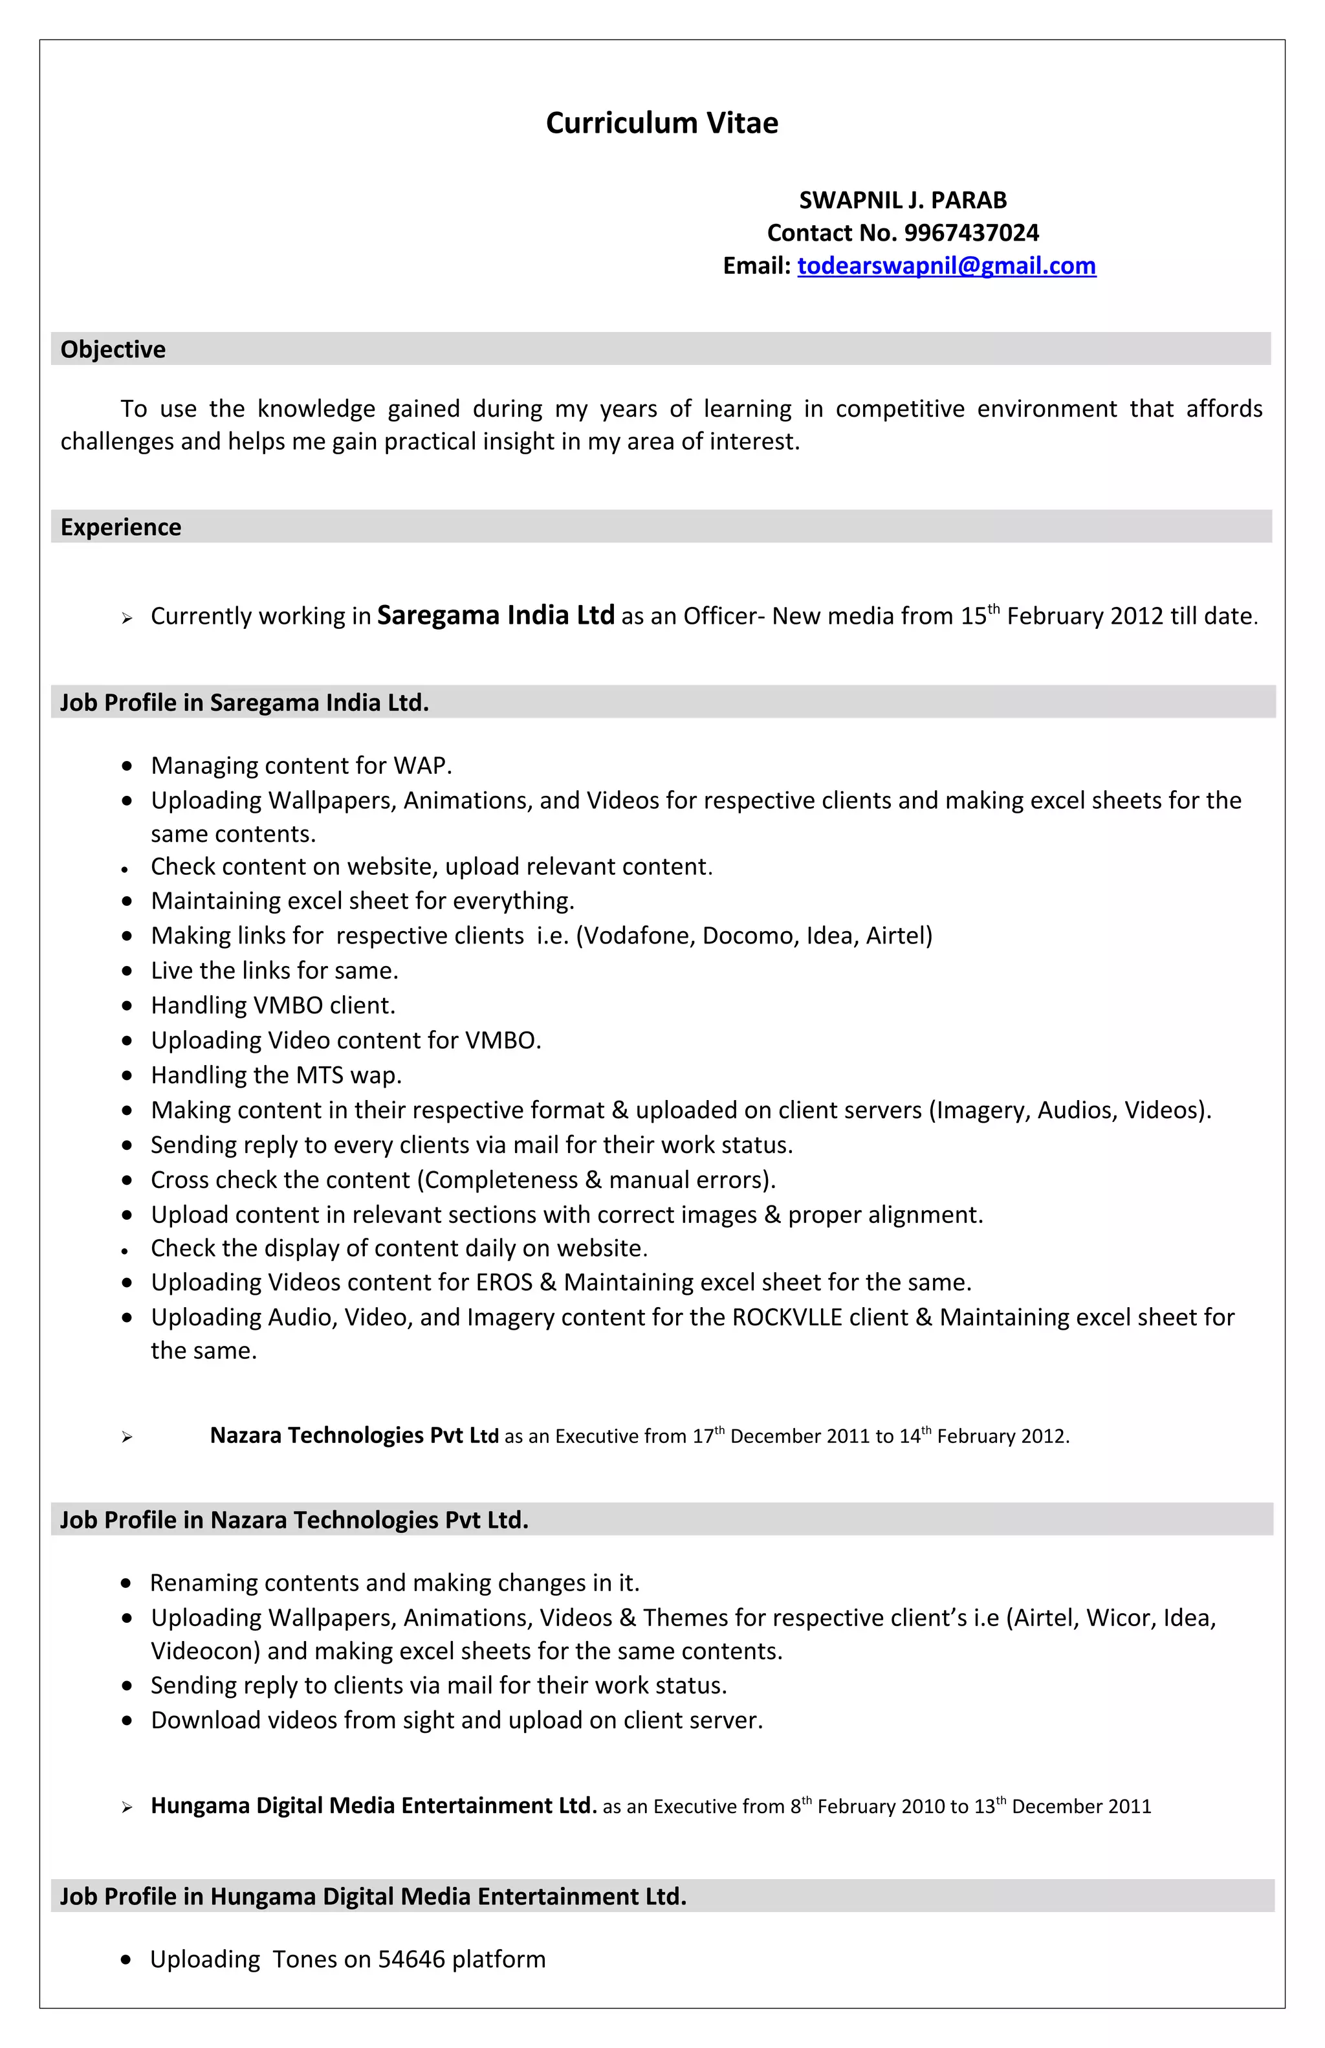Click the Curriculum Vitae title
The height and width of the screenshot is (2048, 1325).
(x=662, y=123)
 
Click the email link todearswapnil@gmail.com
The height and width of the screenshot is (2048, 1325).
(x=946, y=266)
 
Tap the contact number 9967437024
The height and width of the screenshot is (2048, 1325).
(x=970, y=233)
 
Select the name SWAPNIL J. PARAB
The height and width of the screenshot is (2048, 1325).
(x=903, y=201)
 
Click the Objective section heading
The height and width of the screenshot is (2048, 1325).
(x=113, y=349)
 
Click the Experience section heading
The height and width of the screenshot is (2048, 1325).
(x=120, y=527)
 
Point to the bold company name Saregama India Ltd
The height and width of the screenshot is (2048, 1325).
(x=496, y=615)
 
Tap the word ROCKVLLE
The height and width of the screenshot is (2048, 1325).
(x=787, y=1317)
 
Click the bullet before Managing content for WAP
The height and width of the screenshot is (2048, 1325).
(x=127, y=766)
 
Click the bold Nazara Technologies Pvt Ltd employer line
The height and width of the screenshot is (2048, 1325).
(x=354, y=1435)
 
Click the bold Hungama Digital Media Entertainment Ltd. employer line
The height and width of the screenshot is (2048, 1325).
(x=373, y=1805)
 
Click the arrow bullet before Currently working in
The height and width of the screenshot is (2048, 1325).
(x=127, y=618)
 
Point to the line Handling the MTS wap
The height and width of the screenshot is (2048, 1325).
(x=276, y=1075)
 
